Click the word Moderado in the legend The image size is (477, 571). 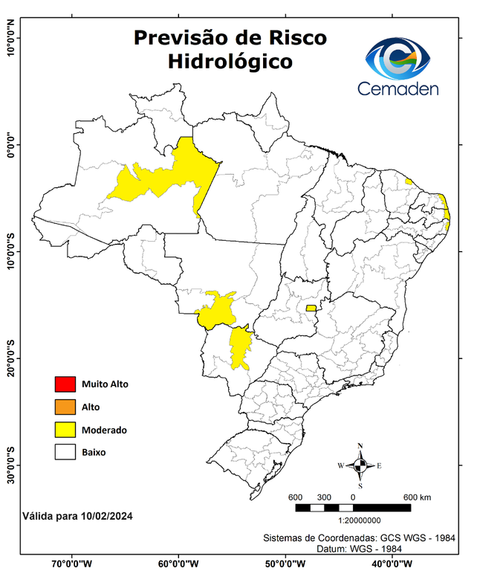(104, 430)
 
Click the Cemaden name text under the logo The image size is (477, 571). (398, 88)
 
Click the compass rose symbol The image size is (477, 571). (360, 465)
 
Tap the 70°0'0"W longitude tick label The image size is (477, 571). (72, 563)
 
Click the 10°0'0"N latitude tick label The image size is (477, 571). (11, 37)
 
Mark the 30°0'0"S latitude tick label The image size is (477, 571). (11, 465)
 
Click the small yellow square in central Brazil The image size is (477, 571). (311, 308)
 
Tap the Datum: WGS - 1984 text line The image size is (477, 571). (360, 548)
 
